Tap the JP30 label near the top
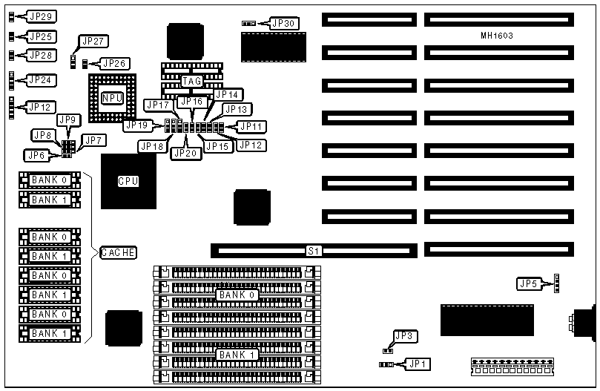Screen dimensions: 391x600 tap(284, 23)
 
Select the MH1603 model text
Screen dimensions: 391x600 tap(497, 36)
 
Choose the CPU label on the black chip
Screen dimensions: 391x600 tap(128, 180)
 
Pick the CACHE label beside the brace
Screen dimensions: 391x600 tap(118, 253)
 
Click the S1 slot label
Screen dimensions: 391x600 tap(314, 252)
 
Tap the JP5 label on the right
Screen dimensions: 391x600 tap(528, 283)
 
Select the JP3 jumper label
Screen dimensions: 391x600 tap(404, 336)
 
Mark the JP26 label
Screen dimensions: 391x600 tap(114, 63)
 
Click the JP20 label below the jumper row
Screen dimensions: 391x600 tap(185, 153)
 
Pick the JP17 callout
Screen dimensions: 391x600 tap(158, 105)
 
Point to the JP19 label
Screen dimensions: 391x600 tap(138, 125)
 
